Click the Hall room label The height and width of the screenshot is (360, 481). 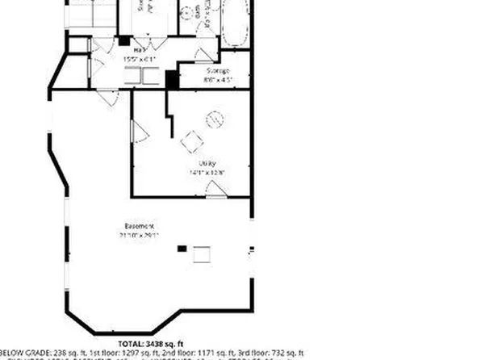tap(128, 49)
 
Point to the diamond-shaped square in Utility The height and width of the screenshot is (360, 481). tap(192, 142)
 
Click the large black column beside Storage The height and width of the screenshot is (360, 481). tap(171, 79)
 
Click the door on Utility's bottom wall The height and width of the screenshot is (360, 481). tap(215, 190)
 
